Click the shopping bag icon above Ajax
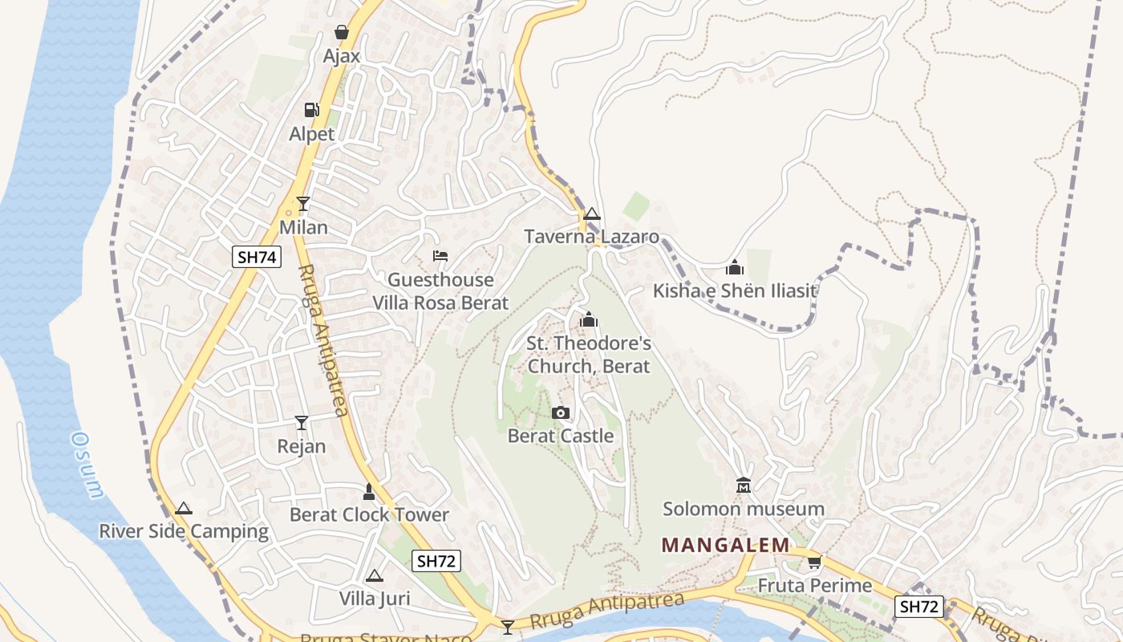[x=342, y=33]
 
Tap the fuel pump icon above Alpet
[x=311, y=110]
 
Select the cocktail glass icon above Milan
[x=302, y=204]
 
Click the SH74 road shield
[x=257, y=257]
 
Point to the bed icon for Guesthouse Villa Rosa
[x=440, y=256]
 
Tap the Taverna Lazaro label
[x=591, y=237]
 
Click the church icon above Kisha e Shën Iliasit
[x=734, y=267]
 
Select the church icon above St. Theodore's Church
[x=589, y=320]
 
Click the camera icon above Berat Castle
[x=561, y=412]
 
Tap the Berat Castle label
[x=561, y=437]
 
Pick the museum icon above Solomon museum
[x=743, y=486]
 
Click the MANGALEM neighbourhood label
[x=726, y=546]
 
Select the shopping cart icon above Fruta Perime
[x=815, y=562]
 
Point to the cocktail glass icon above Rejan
[x=302, y=422]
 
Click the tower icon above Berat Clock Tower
[x=369, y=491]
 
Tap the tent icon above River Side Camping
[x=184, y=508]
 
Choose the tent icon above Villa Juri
[x=374, y=575]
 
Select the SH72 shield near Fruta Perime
[x=919, y=607]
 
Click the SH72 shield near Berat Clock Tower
[x=436, y=561]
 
